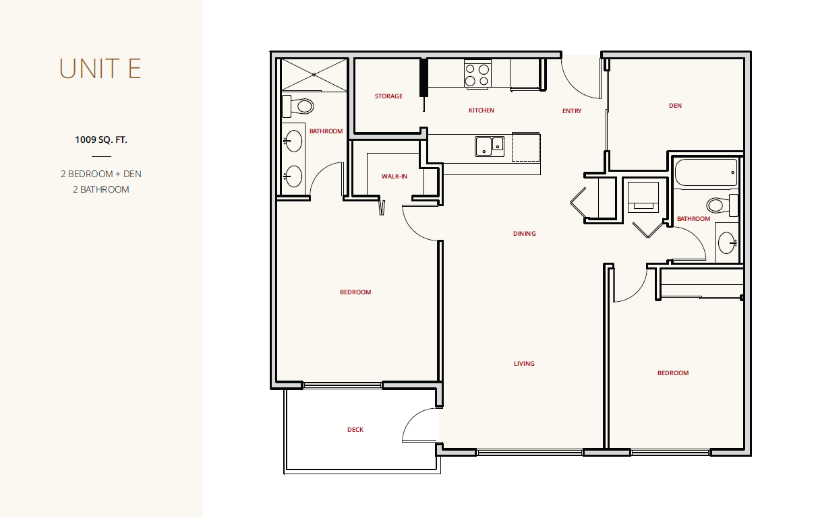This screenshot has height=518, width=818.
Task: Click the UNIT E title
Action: pos(100,69)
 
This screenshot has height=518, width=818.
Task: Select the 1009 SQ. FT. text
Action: pos(100,139)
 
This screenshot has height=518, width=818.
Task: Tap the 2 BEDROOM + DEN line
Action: pos(100,174)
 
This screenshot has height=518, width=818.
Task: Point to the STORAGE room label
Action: pos(388,96)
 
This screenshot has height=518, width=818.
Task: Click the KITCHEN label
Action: pos(481,110)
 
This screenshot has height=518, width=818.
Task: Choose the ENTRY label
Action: pos(572,111)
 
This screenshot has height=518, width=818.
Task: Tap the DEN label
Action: pos(675,106)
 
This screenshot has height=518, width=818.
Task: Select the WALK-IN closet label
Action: pos(395,176)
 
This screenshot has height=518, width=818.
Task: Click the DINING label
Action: pos(525,234)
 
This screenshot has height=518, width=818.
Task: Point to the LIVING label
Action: pos(524,363)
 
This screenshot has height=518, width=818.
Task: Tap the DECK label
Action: pos(355,429)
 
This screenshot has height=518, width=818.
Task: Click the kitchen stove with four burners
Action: pos(477,74)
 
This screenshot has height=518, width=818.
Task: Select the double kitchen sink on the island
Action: pos(490,146)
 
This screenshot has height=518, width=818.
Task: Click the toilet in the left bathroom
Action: pos(297,106)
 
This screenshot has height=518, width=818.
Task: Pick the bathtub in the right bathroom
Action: pos(706,172)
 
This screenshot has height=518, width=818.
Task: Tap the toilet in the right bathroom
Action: pos(722,205)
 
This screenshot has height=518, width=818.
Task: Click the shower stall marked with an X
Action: pos(314,75)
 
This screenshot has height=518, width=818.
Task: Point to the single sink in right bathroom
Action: pos(727,242)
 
